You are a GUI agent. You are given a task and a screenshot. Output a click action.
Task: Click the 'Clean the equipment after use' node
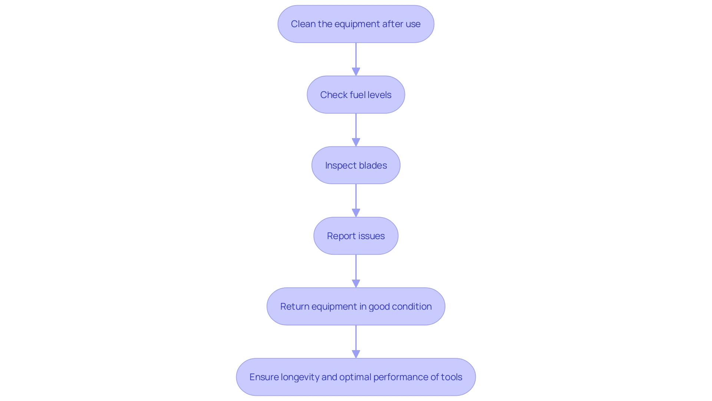tap(356, 24)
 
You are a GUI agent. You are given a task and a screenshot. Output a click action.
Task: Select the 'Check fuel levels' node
tap(356, 95)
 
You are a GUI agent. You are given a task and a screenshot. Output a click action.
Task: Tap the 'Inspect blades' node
tap(356, 165)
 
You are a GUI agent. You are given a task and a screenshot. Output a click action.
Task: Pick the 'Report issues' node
tap(356, 236)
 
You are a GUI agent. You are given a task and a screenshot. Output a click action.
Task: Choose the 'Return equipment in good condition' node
tap(356, 306)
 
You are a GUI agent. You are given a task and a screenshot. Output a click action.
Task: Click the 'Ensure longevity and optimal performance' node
tap(356, 377)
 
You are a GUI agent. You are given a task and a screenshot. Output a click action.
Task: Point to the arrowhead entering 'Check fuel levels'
tap(356, 72)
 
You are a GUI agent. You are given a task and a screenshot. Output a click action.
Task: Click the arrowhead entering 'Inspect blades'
tap(356, 142)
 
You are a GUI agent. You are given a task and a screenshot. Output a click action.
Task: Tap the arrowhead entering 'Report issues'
tap(356, 213)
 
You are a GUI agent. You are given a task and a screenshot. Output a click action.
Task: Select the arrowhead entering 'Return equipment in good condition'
tap(356, 283)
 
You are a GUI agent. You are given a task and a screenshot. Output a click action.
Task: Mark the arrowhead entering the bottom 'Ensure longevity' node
tap(356, 354)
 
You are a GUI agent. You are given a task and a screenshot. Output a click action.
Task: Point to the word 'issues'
tap(371, 236)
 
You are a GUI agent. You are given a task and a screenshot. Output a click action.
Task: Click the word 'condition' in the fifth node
tap(412, 306)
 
